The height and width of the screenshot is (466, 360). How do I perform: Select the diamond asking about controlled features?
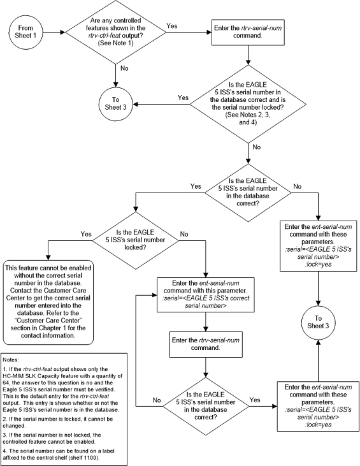click(117, 31)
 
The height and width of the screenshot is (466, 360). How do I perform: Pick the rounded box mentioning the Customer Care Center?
click(48, 295)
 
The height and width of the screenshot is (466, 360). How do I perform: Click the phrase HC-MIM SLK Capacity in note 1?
click(35, 375)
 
